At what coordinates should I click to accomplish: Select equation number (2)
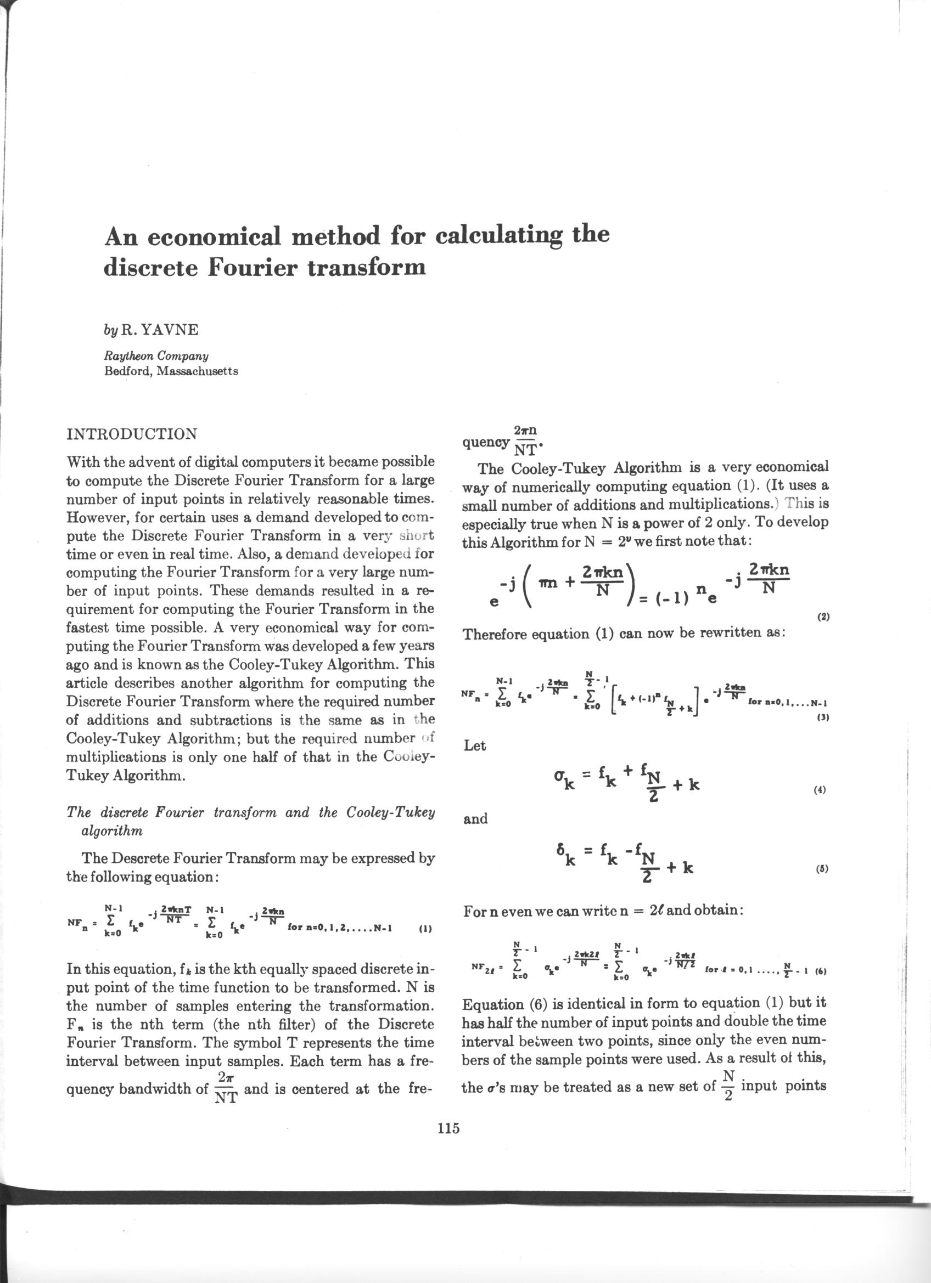[823, 617]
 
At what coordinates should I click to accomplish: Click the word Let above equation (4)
[474, 745]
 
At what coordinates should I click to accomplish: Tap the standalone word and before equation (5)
[475, 819]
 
